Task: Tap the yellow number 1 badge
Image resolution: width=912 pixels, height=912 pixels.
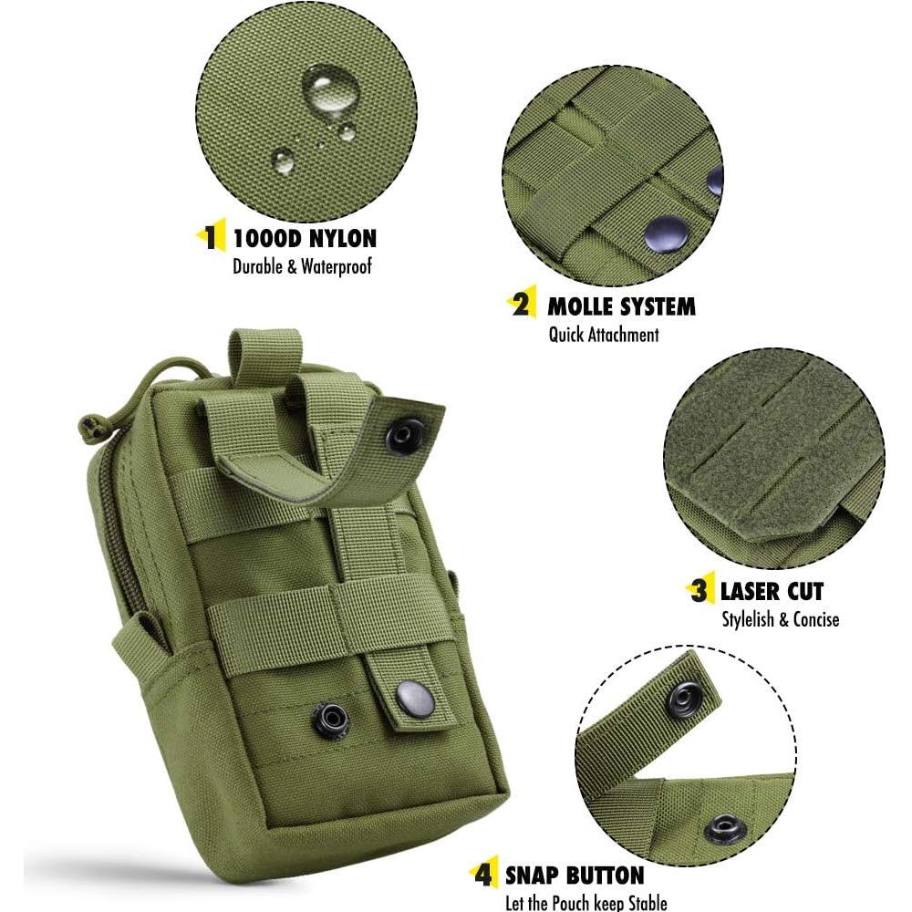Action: [x=211, y=239]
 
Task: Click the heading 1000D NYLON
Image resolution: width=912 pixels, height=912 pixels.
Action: [x=305, y=239]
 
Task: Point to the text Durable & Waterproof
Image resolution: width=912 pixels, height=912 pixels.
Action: [x=302, y=267]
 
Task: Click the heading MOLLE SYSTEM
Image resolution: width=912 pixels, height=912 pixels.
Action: [x=620, y=306]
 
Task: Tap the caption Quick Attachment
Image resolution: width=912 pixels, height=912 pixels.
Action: [x=603, y=335]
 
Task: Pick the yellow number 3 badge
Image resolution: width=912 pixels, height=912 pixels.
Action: [x=700, y=590]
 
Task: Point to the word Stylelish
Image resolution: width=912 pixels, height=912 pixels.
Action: [x=745, y=619]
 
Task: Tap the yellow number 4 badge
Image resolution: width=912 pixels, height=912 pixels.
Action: [x=484, y=876]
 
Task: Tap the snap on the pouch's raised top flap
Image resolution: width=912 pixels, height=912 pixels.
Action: [x=404, y=436]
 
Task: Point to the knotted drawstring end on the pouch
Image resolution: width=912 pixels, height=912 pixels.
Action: [x=88, y=425]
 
